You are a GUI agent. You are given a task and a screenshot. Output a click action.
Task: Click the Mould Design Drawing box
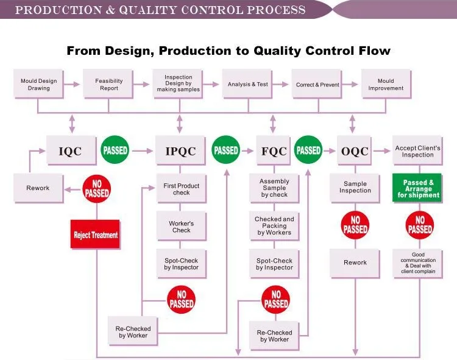point(39,85)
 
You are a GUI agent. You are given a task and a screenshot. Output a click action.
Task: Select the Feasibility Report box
point(109,85)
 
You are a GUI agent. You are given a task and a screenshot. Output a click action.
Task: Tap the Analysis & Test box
point(248,85)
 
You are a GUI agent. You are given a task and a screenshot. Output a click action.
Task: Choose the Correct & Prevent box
point(317,85)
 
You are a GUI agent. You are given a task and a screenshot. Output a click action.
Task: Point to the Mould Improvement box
point(386,85)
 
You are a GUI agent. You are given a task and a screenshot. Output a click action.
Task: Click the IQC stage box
point(72,150)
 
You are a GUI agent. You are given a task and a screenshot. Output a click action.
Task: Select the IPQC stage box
point(181,150)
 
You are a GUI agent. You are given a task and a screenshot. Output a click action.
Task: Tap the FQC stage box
point(274,150)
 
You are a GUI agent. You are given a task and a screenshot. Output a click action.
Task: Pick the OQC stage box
point(355,150)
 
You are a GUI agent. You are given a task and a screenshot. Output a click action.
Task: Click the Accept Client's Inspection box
point(418,150)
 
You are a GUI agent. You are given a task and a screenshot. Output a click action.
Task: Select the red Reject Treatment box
point(96,235)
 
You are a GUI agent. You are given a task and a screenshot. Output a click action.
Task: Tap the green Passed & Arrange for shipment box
point(419,188)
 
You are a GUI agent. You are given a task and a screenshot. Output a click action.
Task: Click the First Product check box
point(181,189)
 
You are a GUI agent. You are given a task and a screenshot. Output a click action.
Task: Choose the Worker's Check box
point(181,227)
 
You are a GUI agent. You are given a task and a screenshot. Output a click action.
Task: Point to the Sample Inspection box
point(355,188)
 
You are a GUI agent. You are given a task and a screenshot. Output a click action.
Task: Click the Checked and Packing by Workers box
point(274,225)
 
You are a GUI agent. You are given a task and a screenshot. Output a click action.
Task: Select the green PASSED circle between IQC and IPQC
point(115,150)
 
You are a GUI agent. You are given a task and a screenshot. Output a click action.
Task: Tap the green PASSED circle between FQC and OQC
point(308,150)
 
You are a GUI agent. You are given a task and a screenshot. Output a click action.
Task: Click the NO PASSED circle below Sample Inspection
point(355,225)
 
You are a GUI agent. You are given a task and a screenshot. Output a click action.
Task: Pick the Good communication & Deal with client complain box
point(418,263)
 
